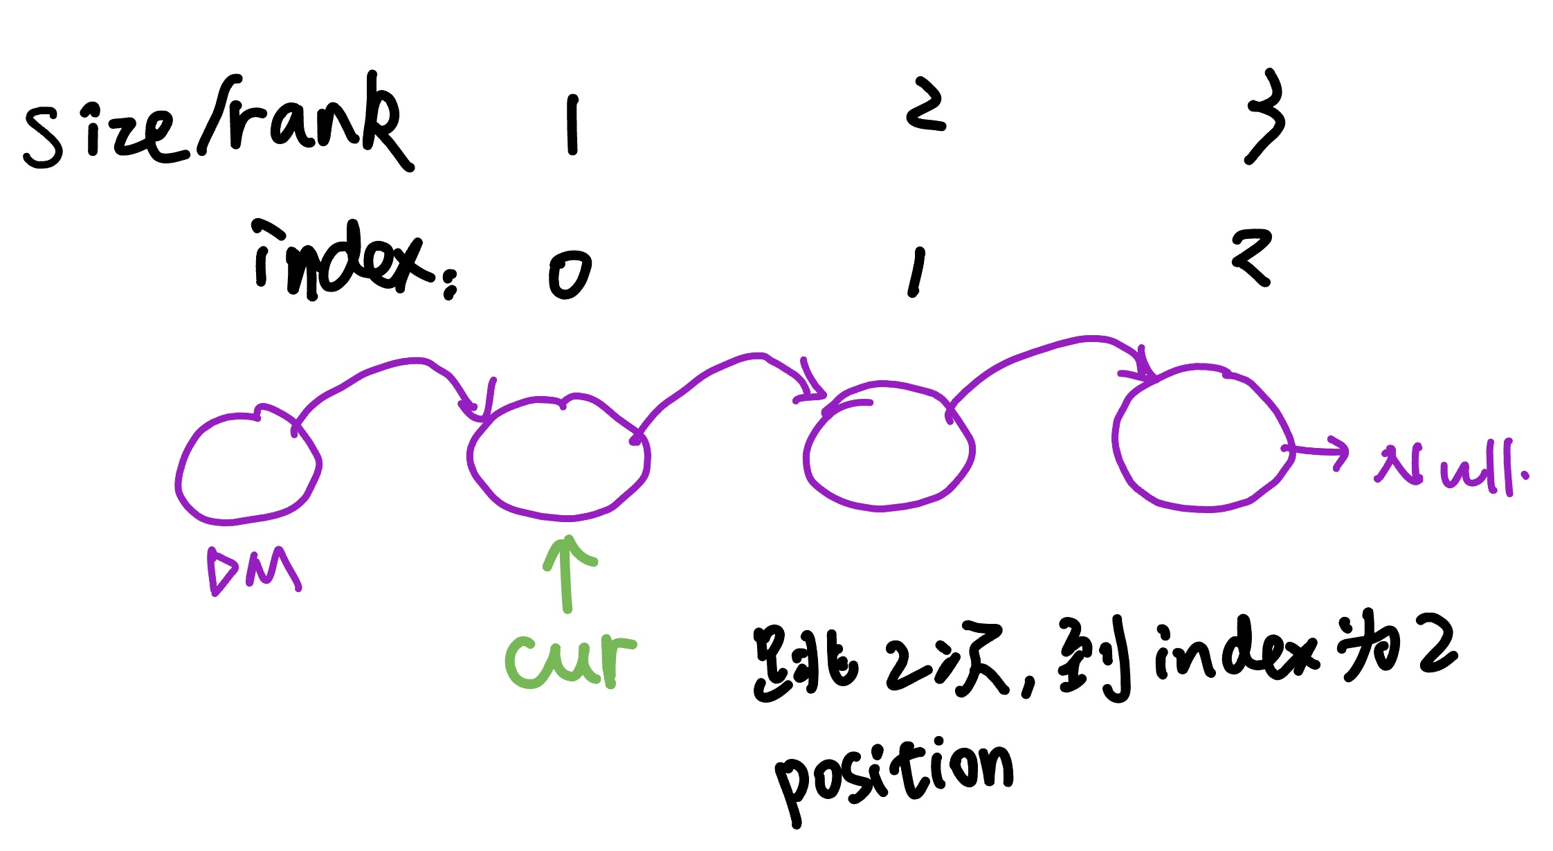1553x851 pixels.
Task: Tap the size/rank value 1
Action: (x=572, y=125)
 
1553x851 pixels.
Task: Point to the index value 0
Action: (x=570, y=274)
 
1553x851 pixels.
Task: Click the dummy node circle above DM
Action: (x=248, y=468)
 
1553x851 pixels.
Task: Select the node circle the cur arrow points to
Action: (x=558, y=458)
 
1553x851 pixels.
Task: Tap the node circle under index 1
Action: (x=889, y=447)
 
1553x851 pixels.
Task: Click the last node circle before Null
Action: (x=1201, y=438)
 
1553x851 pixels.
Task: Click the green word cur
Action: (x=570, y=661)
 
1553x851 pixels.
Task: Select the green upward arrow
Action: (x=568, y=573)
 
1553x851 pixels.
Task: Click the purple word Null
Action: (x=1451, y=469)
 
